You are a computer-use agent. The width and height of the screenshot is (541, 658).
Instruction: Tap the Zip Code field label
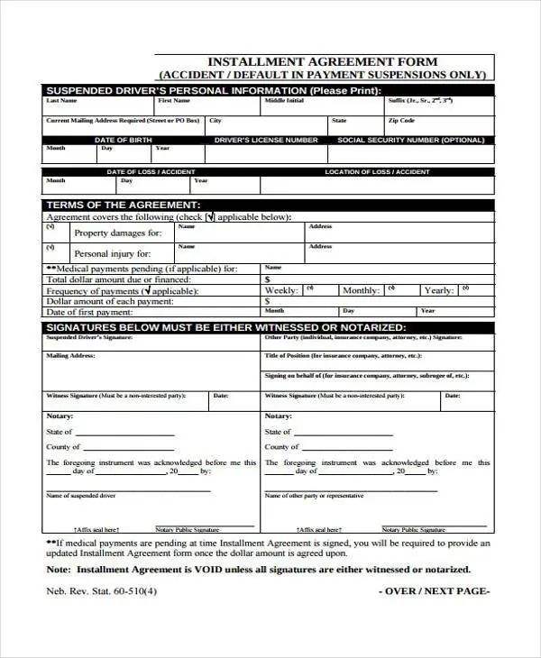pos(401,120)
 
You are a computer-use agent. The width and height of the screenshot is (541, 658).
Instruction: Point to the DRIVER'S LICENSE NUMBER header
pos(266,140)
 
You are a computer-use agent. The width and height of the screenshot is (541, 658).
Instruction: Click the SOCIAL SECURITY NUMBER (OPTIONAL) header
pos(410,140)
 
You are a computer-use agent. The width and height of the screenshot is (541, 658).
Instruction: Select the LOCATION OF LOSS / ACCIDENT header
pos(377,171)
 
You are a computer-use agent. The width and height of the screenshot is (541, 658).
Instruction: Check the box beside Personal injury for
pos(51,247)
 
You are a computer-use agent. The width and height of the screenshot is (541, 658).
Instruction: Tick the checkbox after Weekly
pos(309,289)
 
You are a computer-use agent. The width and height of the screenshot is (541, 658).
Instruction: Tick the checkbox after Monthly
pos(391,289)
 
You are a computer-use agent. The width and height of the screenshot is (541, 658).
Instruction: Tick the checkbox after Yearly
pos(465,289)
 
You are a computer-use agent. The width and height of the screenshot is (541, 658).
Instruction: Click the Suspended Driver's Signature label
pos(89,336)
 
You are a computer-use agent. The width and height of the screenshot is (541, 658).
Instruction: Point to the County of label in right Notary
pos(281,446)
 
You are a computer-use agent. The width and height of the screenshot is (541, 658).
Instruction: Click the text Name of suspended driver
pos(81,496)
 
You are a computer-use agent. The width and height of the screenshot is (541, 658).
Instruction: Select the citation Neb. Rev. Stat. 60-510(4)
pos(101,591)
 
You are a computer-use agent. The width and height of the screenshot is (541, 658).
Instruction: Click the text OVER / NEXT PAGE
pos(434,591)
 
